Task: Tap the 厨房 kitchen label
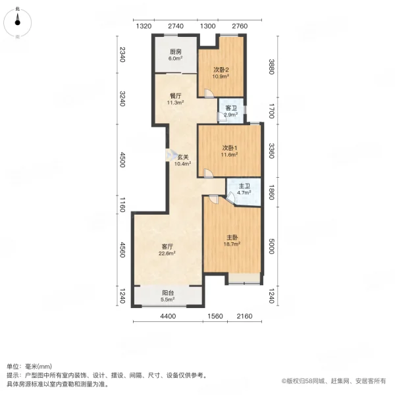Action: point(175,52)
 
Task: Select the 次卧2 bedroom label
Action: point(221,69)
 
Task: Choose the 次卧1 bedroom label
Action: point(229,147)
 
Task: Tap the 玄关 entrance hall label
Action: point(183,157)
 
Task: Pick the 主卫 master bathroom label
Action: point(244,186)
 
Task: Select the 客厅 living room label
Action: point(168,247)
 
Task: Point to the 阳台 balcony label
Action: point(168,294)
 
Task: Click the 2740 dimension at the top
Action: point(174,26)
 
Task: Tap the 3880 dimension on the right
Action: point(271,67)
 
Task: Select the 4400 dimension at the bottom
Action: point(169,317)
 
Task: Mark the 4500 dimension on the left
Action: point(122,161)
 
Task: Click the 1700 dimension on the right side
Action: point(271,111)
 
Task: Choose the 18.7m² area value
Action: point(232,244)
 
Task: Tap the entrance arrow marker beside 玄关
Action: point(169,155)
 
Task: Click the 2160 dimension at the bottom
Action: point(245,317)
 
